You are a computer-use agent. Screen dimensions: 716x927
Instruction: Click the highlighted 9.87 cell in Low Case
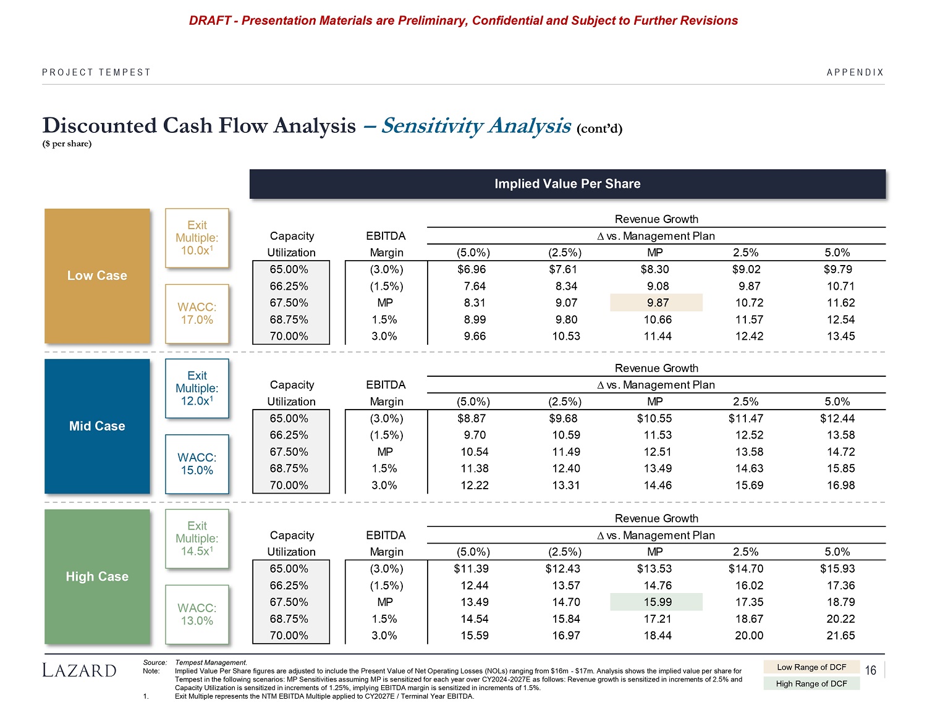656,303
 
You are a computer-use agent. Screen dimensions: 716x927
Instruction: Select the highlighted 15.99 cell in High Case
656,602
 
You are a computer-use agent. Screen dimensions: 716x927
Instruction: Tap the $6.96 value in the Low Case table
472,269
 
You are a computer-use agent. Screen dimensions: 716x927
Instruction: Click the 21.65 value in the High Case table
840,635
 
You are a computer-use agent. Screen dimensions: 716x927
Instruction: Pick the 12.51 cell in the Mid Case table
657,452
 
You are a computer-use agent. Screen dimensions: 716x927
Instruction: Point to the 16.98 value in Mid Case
840,485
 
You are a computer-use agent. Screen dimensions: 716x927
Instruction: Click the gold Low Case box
97,276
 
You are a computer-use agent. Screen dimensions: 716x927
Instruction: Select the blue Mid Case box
97,426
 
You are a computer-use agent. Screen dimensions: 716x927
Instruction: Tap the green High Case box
97,576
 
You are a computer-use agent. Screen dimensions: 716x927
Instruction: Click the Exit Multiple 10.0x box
197,238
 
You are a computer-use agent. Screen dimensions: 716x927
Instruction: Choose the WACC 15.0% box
197,464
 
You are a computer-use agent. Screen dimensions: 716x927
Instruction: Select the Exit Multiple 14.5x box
197,538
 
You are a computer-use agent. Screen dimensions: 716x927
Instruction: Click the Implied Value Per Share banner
567,183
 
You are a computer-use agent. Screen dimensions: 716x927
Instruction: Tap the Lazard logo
79,670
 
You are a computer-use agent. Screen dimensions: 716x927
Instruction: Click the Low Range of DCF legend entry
811,667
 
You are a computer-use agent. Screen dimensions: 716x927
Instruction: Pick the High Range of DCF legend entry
811,683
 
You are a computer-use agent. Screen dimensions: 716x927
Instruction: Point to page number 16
871,671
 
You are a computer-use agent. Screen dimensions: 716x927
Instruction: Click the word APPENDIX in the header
855,72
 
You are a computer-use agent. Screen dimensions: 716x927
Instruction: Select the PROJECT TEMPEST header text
96,72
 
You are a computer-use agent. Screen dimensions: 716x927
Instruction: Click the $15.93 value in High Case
837,568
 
